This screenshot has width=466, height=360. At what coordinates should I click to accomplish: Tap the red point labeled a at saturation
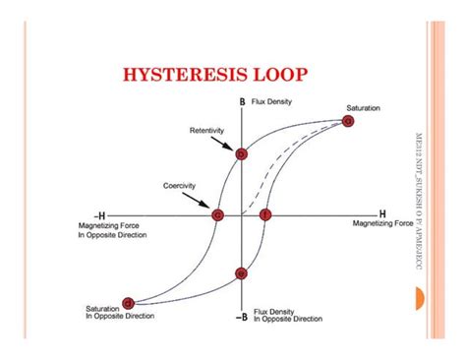point(348,121)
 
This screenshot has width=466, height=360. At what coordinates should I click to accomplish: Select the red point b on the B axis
point(241,153)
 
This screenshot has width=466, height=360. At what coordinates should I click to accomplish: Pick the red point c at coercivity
point(218,213)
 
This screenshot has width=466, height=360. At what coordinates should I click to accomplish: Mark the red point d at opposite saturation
point(128,303)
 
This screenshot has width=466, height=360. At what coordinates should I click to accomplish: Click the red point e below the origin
point(241,273)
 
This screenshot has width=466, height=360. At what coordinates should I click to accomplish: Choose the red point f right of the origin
point(264,213)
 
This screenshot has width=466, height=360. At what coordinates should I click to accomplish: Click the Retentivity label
point(208,130)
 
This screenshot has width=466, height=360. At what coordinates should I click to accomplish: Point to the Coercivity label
point(183,185)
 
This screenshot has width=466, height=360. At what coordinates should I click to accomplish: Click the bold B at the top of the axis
point(241,101)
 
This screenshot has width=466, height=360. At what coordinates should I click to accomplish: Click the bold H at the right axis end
point(382,212)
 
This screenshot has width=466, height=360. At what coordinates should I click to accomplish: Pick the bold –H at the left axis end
point(98,213)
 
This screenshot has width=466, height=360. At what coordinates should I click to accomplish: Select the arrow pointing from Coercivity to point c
point(204,201)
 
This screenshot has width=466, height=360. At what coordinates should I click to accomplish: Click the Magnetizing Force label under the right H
point(384,223)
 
